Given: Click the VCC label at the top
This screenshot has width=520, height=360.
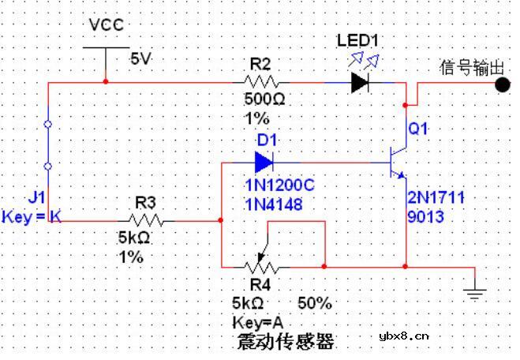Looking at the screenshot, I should coord(106,24).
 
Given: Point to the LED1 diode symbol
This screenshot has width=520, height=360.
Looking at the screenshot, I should coord(361,81).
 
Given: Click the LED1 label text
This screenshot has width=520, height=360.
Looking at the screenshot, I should coord(358,40).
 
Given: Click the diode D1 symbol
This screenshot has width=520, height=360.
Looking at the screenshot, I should coord(264,163).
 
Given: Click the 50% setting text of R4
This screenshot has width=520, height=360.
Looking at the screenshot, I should coord(315,303).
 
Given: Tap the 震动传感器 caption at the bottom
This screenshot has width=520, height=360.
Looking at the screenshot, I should coord(285,342).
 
